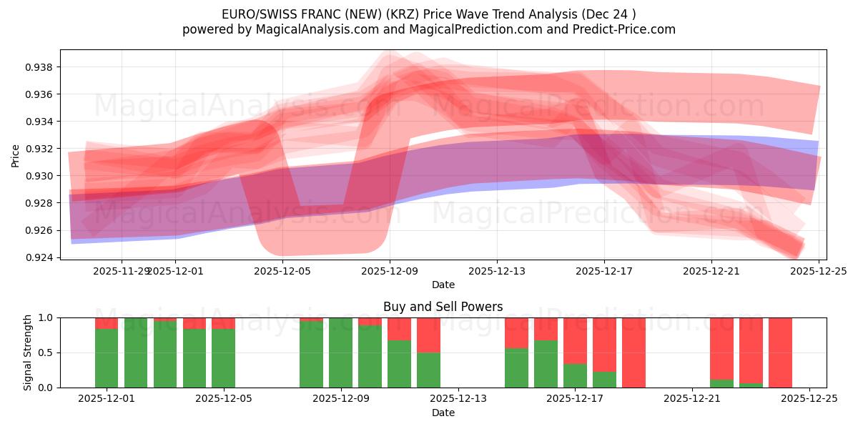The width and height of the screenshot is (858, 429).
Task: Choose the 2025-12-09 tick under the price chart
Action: click(390, 271)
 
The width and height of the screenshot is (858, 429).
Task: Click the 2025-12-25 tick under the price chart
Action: click(819, 271)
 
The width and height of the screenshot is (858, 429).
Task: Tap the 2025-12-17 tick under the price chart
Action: click(604, 271)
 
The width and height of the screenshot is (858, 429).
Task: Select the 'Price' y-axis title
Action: click(16, 154)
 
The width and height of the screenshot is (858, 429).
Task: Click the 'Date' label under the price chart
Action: click(443, 285)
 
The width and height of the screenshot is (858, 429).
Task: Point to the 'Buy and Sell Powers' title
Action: click(443, 307)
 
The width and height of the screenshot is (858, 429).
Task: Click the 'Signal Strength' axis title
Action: click(28, 352)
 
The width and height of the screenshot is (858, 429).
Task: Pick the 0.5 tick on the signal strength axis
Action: click(44, 352)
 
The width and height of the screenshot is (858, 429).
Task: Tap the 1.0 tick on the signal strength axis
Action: click(44, 317)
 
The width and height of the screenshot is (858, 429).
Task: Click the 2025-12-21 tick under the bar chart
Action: click(692, 399)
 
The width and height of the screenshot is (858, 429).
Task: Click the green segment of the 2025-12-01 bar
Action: click(107, 357)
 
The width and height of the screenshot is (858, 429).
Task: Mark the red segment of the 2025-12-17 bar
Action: click(575, 340)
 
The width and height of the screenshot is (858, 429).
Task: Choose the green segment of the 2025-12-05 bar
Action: click(223, 357)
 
